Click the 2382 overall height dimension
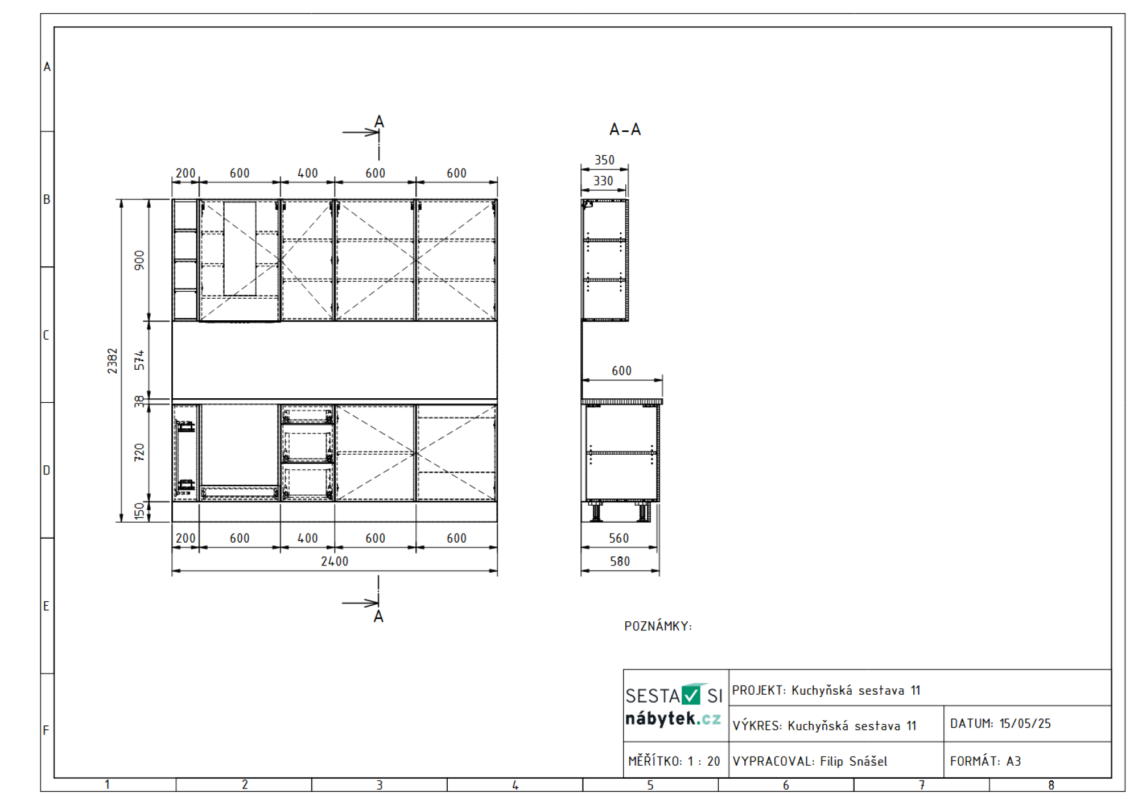(112, 361)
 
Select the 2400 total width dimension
(335, 562)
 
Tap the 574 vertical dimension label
(139, 360)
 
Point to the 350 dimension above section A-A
(604, 160)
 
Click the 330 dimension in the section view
(603, 181)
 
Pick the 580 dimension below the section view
(620, 562)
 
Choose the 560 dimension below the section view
(619, 538)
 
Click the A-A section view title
(625, 130)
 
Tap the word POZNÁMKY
(658, 626)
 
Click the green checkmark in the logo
(691, 695)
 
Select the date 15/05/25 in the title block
(1025, 724)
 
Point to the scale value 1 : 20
(704, 761)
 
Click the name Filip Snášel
(853, 761)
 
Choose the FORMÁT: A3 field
(986, 761)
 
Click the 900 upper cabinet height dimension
(139, 260)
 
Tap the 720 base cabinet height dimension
(139, 452)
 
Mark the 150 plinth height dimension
(139, 511)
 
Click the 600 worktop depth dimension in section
(621, 371)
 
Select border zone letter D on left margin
(47, 470)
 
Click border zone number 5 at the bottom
(650, 785)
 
